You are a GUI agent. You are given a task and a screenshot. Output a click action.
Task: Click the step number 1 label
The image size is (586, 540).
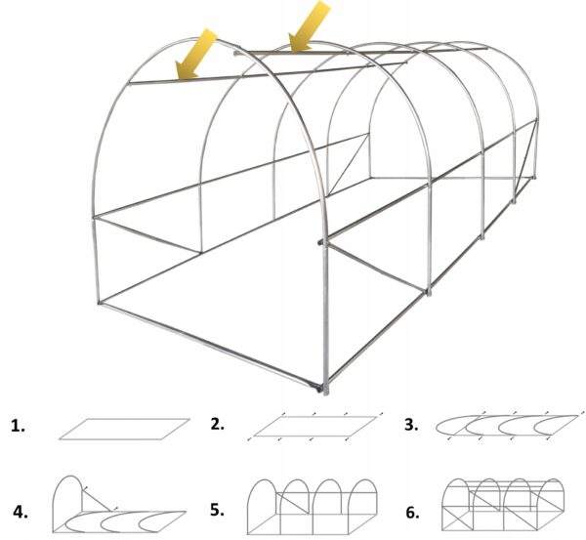pyautogui.click(x=18, y=426)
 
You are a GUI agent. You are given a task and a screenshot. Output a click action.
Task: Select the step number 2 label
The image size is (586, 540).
pyautogui.click(x=218, y=424)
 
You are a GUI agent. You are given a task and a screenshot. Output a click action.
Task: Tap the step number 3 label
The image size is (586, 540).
pyautogui.click(x=411, y=425)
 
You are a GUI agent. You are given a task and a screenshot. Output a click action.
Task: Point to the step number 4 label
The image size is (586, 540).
pyautogui.click(x=21, y=512)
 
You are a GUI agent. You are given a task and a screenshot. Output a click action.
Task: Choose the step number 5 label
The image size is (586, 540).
pyautogui.click(x=218, y=510)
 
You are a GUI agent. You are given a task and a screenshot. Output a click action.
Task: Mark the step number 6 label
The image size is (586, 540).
pyautogui.click(x=412, y=513)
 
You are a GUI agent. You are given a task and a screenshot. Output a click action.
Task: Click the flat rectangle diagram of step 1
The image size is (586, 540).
pyautogui.click(x=124, y=429)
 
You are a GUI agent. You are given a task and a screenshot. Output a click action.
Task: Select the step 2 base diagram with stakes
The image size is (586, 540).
pyautogui.click(x=315, y=427)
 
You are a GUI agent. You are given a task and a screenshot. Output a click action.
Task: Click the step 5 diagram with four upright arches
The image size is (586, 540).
pyautogui.click(x=313, y=507)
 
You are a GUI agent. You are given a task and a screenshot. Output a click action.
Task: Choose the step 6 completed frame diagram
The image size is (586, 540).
pyautogui.click(x=503, y=505)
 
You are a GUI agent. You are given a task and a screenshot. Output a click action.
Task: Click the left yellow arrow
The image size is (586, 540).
pyautogui.click(x=195, y=55)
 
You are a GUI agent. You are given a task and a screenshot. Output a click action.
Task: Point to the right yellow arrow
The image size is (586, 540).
pyautogui.click(x=309, y=26)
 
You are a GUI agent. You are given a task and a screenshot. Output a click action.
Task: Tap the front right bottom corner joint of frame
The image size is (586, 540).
pyautogui.click(x=326, y=389)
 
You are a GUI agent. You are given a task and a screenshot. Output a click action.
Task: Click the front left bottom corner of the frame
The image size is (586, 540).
pyautogui.click(x=99, y=302)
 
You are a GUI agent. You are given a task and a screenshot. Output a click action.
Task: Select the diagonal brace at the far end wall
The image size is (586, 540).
pyautogui.click(x=349, y=164)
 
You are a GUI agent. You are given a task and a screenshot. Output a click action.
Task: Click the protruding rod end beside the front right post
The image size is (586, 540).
pyautogui.click(x=320, y=242)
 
